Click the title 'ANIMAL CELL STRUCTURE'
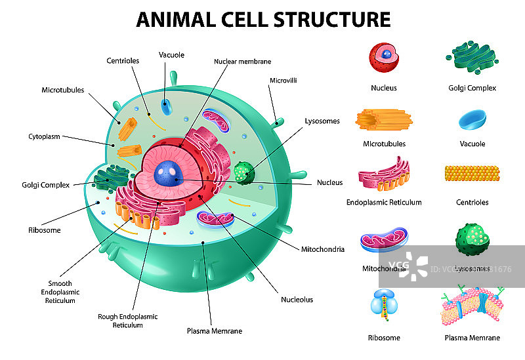pyautogui.click(x=263, y=19)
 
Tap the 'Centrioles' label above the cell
pyautogui.click(x=123, y=61)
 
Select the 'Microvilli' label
pyautogui.click(x=283, y=81)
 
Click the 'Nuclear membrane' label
pyautogui.click(x=242, y=61)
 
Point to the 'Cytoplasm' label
pyautogui.click(x=44, y=136)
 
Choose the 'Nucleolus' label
pyautogui.click(x=297, y=300)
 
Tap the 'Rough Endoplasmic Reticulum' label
pyautogui.click(x=128, y=321)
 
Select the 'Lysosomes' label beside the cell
pyautogui.click(x=322, y=121)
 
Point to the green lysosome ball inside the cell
pyautogui.click(x=243, y=172)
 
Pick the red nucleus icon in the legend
pyautogui.click(x=384, y=58)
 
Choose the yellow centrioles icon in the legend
pyautogui.click(x=472, y=173)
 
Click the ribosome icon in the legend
pyautogui.click(x=384, y=305)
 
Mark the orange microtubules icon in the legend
pyautogui.click(x=384, y=119)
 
